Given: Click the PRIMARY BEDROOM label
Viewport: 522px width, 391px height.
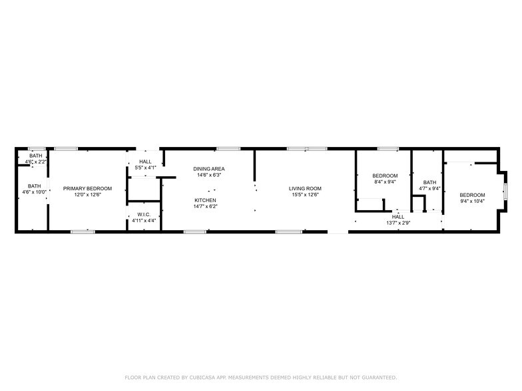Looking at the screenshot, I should (88, 188).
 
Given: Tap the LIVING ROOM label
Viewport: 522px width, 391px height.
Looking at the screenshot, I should (305, 188).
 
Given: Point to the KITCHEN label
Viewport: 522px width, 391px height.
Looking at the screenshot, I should (205, 200).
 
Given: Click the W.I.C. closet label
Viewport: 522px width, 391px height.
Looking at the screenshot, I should (144, 214).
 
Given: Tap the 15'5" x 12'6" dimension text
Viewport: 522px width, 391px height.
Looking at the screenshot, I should (305, 195).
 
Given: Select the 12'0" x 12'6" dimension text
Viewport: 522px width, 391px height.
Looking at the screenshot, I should (88, 195).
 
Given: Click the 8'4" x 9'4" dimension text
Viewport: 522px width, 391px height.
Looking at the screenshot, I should (385, 182).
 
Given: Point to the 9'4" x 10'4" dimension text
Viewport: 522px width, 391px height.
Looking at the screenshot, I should (472, 201).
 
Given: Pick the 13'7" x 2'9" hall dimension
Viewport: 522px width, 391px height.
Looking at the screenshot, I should (398, 223).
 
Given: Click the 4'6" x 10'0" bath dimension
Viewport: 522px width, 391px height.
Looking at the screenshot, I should (35, 192).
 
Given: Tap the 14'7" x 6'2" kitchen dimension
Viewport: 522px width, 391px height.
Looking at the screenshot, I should (205, 207).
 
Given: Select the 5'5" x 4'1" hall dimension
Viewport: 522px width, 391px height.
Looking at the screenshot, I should (145, 168).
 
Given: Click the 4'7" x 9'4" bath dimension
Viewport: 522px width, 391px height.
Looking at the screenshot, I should (429, 189).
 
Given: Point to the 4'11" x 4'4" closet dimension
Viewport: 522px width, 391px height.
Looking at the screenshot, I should (144, 220).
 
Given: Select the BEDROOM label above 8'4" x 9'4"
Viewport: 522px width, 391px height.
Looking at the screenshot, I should (385, 176).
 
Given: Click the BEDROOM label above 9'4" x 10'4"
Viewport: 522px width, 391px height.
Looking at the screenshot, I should (472, 194).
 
